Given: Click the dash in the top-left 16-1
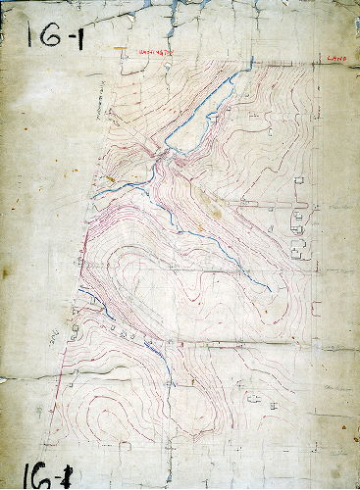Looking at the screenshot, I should (69, 35).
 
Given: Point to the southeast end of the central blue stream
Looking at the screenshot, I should (269, 288).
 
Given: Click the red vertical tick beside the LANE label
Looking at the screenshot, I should (320, 60).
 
